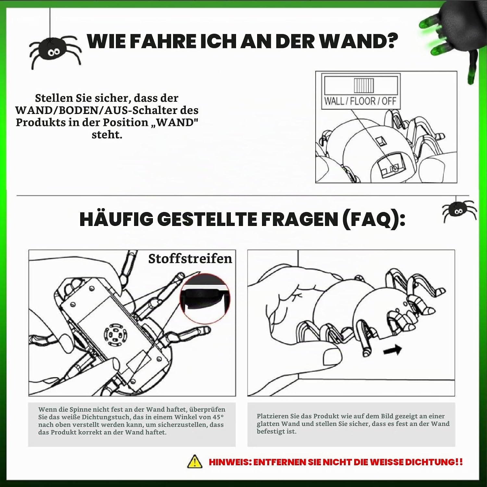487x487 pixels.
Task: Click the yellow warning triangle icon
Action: (x=194, y=461)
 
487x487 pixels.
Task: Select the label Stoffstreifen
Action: (x=190, y=258)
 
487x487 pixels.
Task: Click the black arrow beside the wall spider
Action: (x=393, y=350)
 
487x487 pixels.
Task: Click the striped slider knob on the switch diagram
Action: (x=364, y=85)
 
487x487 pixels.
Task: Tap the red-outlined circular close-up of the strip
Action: (x=205, y=298)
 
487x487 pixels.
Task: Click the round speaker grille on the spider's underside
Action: (x=115, y=335)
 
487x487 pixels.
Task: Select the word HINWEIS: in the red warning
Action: (x=230, y=462)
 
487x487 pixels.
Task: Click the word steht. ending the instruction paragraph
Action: (x=107, y=134)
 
